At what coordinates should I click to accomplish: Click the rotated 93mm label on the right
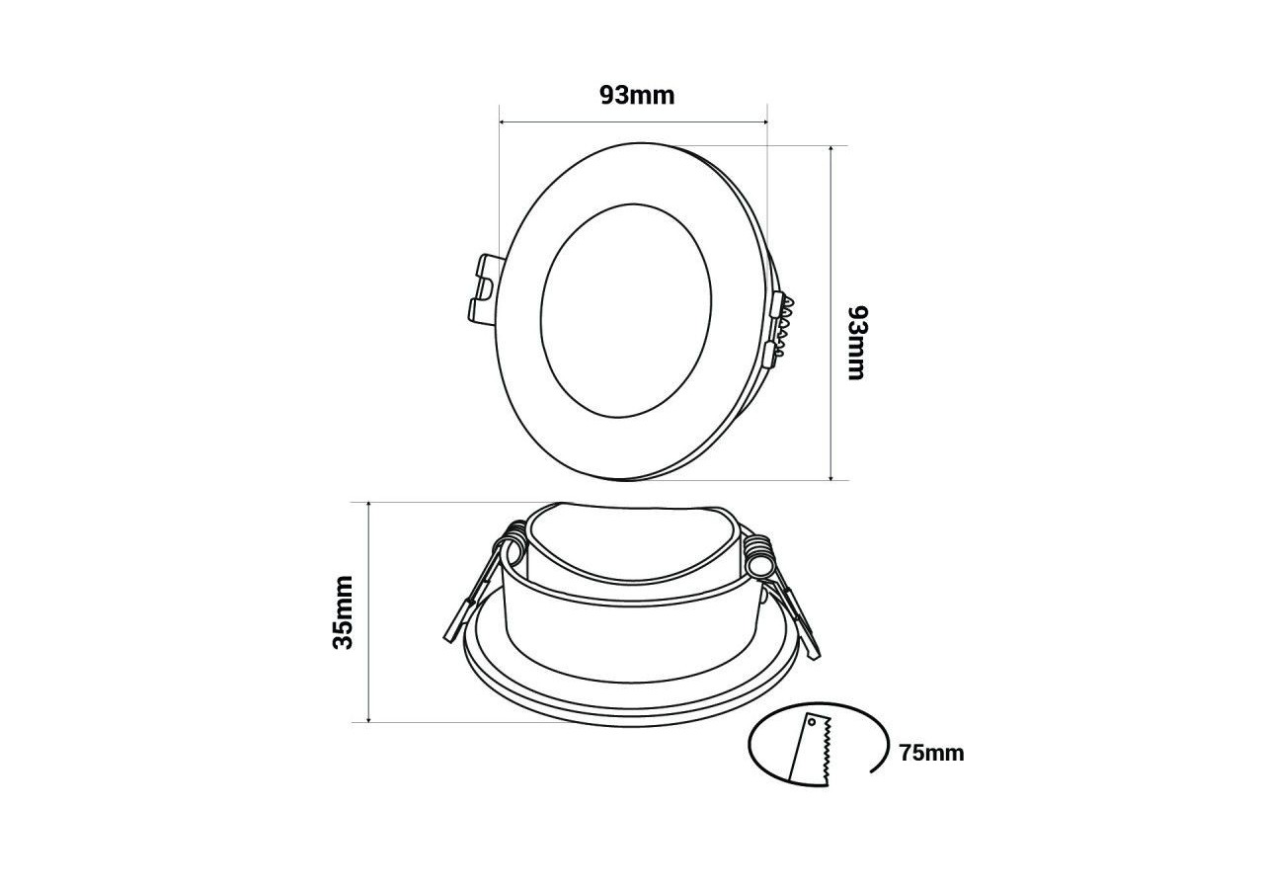(x=855, y=342)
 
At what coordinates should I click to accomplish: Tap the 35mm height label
(x=343, y=611)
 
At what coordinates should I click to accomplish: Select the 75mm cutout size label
(x=931, y=754)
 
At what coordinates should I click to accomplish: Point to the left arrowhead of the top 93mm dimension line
(x=504, y=122)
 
